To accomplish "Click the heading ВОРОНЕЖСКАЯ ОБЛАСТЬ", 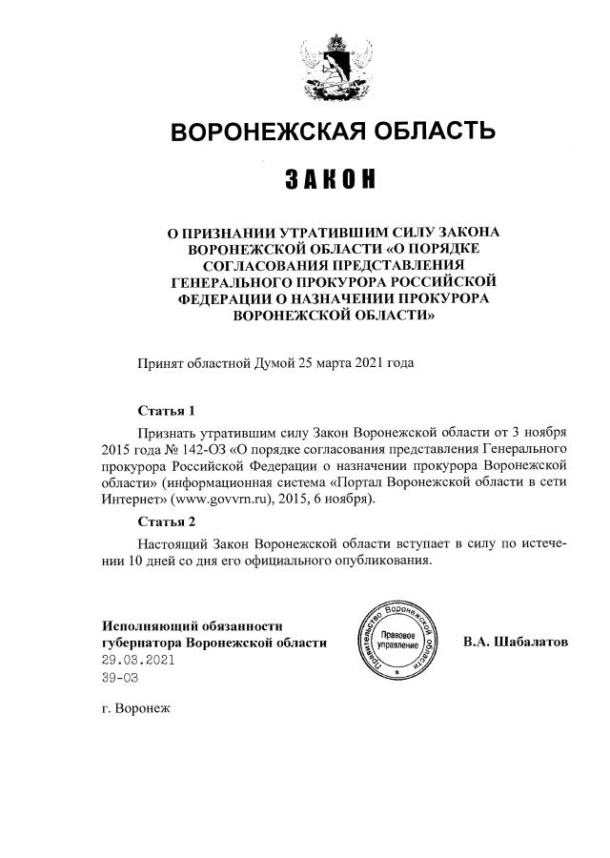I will (333, 132).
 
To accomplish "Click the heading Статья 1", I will (166, 411).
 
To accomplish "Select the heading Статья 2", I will (166, 521).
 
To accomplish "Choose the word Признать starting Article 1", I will (168, 430).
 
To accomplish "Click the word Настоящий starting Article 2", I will (172, 541).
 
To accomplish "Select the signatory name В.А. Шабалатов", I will (515, 642).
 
